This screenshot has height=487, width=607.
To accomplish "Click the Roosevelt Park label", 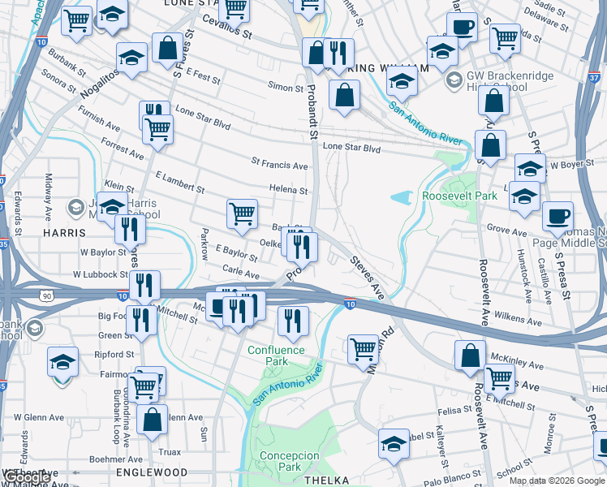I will click(459, 196).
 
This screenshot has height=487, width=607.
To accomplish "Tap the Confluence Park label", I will click(276, 356).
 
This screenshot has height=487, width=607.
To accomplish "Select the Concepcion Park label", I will click(289, 461).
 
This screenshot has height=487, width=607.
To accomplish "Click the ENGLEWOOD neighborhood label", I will click(152, 472).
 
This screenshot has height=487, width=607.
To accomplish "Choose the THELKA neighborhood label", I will click(325, 481).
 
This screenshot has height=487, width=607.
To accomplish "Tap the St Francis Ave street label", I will click(279, 166).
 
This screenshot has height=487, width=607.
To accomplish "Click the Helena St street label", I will click(290, 191).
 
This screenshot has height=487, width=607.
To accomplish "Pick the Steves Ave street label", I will click(366, 274).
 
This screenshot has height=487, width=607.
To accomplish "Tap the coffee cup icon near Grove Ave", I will click(557, 217).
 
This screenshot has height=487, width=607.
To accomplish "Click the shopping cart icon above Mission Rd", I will click(363, 348).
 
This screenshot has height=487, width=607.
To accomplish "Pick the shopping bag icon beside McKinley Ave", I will click(470, 355).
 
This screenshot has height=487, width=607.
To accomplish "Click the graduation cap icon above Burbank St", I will click(131, 57).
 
